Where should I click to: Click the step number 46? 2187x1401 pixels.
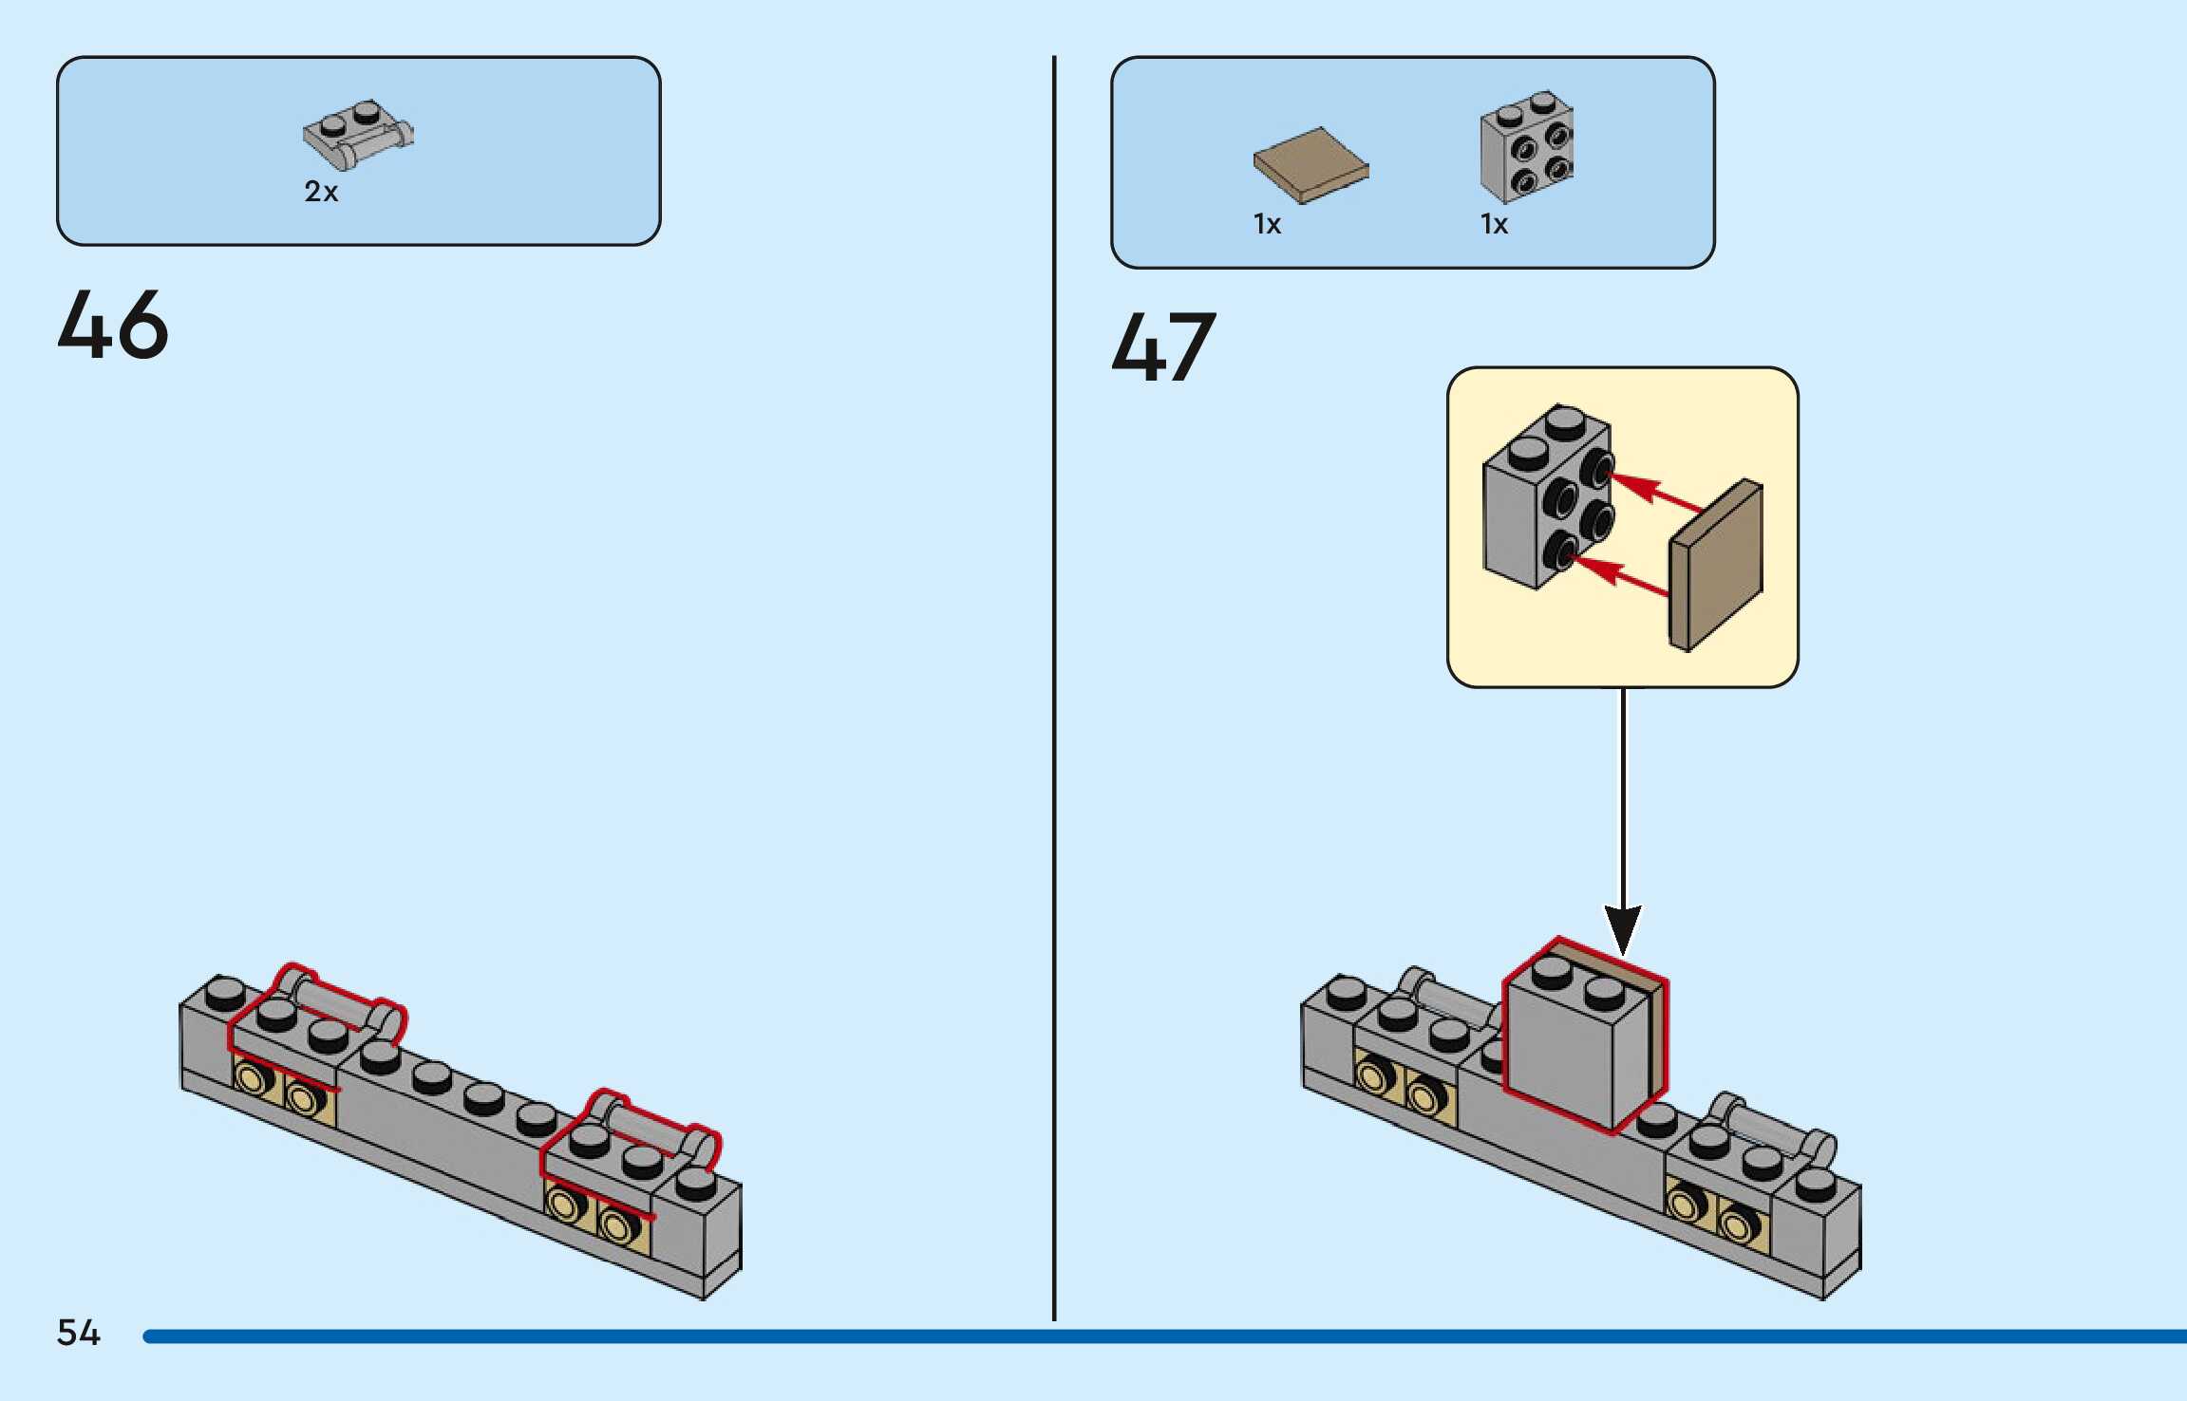(x=113, y=325)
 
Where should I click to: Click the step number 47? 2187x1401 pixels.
(x=1163, y=347)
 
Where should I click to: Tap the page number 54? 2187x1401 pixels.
(x=78, y=1333)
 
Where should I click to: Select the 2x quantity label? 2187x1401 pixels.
(x=321, y=192)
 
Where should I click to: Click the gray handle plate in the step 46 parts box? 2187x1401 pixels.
(x=356, y=135)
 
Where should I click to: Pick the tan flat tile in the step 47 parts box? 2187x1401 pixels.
(x=1310, y=164)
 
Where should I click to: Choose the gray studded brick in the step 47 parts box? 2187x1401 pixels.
(x=1526, y=147)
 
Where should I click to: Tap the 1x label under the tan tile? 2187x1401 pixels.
(x=1267, y=225)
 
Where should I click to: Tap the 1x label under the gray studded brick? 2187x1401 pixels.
(x=1494, y=225)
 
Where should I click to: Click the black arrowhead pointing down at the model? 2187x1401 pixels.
(x=1623, y=928)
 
